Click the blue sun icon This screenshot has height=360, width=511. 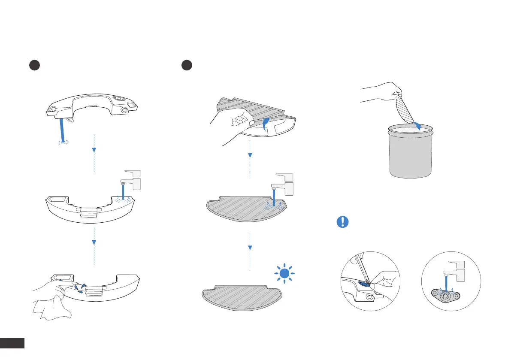point(283,274)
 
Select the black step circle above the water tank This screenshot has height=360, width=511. point(34,65)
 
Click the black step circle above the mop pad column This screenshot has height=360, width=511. point(186,65)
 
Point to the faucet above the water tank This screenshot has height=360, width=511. point(133,180)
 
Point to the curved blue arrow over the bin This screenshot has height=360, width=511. point(416,125)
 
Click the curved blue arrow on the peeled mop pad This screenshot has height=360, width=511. point(266,122)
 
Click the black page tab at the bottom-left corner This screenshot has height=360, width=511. point(12,343)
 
